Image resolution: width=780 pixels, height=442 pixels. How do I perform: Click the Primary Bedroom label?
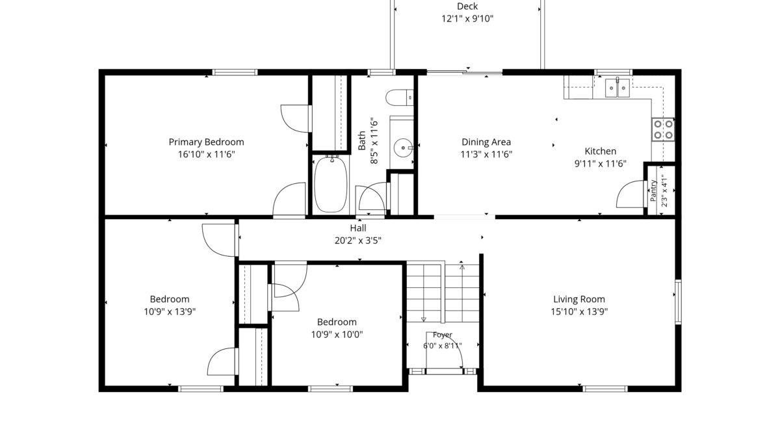tap(206, 142)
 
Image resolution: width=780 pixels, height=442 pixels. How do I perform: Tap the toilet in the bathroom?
tap(399, 97)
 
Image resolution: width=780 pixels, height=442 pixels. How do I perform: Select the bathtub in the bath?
tap(330, 184)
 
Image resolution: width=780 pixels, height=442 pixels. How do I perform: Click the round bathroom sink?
tap(403, 148)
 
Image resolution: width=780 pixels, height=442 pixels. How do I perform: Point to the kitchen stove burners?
tap(663, 129)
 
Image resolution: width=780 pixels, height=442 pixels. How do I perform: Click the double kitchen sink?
tap(617, 88)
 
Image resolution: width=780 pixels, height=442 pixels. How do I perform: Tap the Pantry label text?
tap(653, 190)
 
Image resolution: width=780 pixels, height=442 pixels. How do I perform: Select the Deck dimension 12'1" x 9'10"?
tap(467, 19)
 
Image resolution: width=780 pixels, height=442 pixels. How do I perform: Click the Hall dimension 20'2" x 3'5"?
tap(358, 240)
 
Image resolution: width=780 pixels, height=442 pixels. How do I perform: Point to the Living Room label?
tap(579, 299)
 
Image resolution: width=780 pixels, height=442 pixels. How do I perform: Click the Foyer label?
tap(443, 335)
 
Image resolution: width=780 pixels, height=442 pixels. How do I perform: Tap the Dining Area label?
tap(486, 142)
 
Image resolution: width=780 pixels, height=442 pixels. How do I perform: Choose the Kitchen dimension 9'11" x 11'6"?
tap(601, 164)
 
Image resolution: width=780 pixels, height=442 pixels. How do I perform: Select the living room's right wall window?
tap(678, 302)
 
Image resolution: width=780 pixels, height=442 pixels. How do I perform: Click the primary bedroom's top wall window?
tap(235, 72)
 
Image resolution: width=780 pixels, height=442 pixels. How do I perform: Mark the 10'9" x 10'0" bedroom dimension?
tap(337, 335)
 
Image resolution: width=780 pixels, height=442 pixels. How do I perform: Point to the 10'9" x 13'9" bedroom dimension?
tap(170, 312)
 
